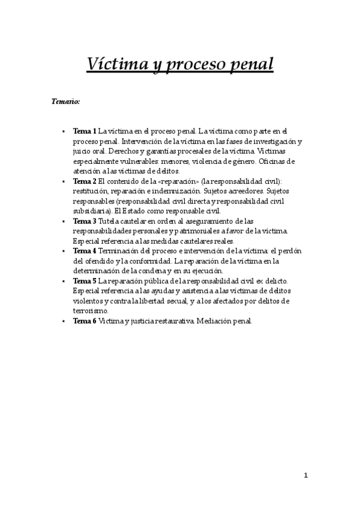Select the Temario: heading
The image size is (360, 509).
(x=66, y=102)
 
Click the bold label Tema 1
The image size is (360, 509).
(x=85, y=130)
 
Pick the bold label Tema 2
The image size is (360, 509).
(x=85, y=181)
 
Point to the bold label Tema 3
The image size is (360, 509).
(x=85, y=221)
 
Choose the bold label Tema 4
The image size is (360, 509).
(x=85, y=251)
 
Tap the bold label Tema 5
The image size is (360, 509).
(x=85, y=281)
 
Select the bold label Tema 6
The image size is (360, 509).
(x=85, y=321)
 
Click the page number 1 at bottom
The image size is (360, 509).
(x=305, y=475)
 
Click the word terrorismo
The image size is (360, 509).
(x=91, y=311)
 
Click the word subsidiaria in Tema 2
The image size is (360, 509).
(x=90, y=211)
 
